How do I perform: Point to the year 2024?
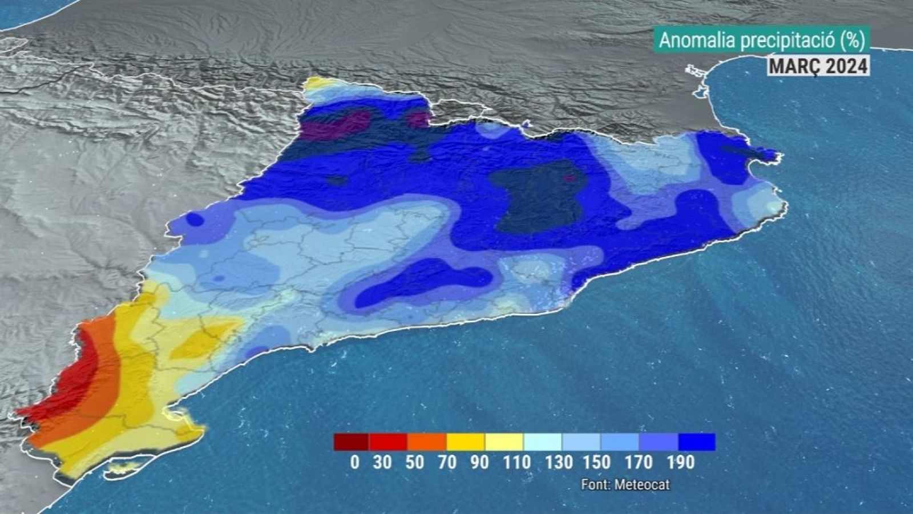click(844, 66)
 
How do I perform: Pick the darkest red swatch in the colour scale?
click(352, 442)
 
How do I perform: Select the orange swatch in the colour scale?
click(427, 442)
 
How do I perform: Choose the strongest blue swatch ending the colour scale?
click(697, 442)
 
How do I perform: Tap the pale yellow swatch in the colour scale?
click(504, 442)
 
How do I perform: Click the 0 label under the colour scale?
click(355, 462)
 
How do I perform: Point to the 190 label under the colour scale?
click(679, 462)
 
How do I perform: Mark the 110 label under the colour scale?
click(517, 462)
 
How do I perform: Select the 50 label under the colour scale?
click(415, 462)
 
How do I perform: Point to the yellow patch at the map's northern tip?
click(320, 84)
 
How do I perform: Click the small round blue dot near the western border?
click(195, 219)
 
